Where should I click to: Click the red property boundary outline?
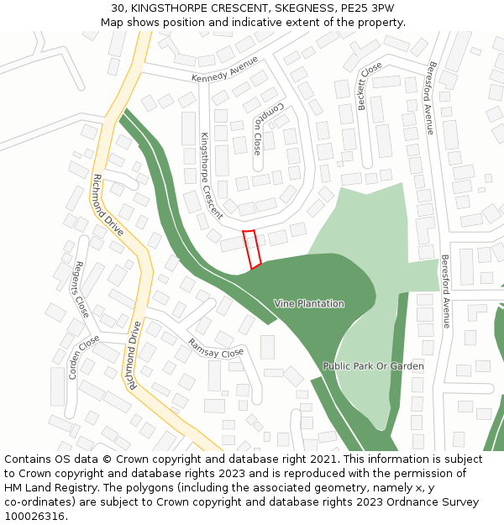(x=252, y=249)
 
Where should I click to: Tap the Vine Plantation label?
(x=309, y=303)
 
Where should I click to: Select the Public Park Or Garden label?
(x=373, y=366)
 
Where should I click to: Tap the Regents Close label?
(x=81, y=288)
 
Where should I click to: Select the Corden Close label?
(x=84, y=357)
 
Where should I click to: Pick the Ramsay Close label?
(x=216, y=348)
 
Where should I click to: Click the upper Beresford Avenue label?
(x=429, y=97)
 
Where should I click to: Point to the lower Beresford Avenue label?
(x=445, y=290)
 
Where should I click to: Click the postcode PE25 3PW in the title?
(x=365, y=8)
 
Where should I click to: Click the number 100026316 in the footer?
(x=35, y=516)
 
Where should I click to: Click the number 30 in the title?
(x=117, y=8)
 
